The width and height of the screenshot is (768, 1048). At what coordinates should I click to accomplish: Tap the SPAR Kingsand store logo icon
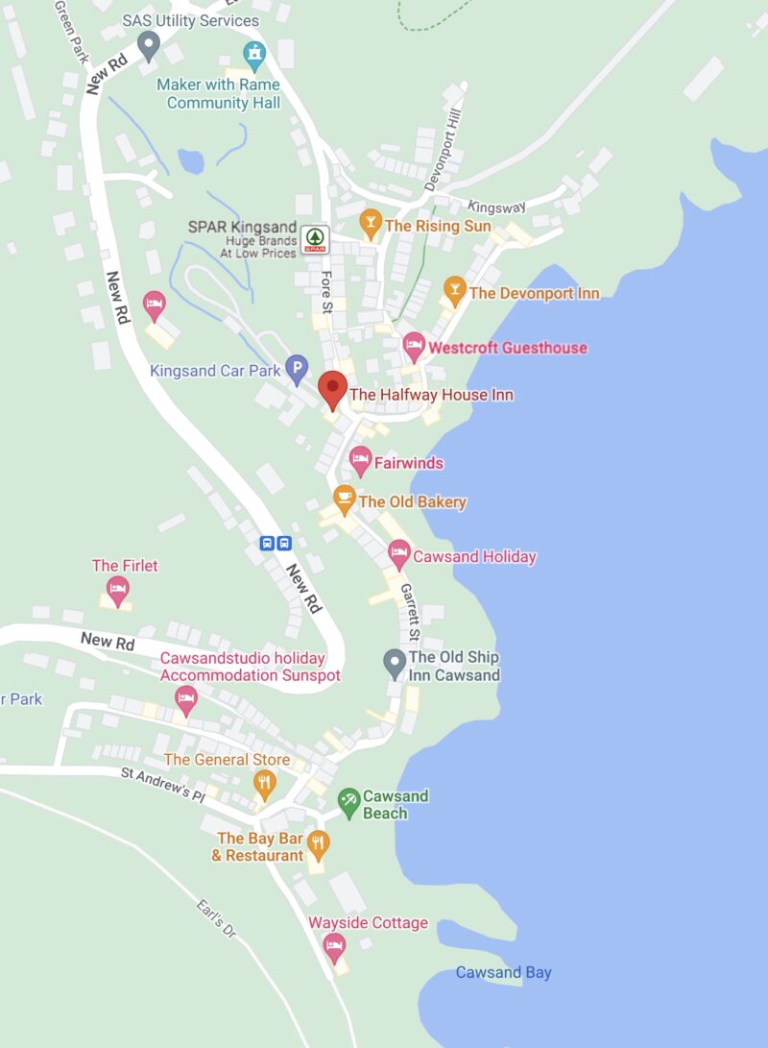(x=315, y=238)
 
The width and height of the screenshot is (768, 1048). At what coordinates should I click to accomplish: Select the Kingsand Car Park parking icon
(x=298, y=367)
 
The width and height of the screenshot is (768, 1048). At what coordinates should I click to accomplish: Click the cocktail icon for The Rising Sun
(x=370, y=225)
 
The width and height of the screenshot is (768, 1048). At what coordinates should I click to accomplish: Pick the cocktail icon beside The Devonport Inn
(x=454, y=290)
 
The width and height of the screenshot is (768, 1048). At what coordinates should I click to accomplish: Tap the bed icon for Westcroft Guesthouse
(x=414, y=345)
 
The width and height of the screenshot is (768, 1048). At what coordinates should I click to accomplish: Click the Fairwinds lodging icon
(x=360, y=460)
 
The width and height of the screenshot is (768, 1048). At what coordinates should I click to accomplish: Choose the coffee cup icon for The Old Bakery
(x=344, y=499)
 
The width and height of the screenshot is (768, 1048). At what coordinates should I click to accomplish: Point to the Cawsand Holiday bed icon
(x=398, y=553)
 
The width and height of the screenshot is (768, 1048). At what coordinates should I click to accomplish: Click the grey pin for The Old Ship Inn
(x=395, y=663)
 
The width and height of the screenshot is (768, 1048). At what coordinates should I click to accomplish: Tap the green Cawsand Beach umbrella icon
(x=348, y=799)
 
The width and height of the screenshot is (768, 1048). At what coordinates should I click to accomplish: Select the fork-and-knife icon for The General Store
(x=264, y=783)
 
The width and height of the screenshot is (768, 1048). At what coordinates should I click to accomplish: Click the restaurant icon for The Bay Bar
(x=318, y=844)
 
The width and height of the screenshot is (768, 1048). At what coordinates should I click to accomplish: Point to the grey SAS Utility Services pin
(x=148, y=44)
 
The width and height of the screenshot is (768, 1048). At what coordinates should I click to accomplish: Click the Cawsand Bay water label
(x=503, y=972)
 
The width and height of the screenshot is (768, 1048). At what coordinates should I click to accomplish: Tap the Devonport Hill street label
(x=444, y=156)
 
